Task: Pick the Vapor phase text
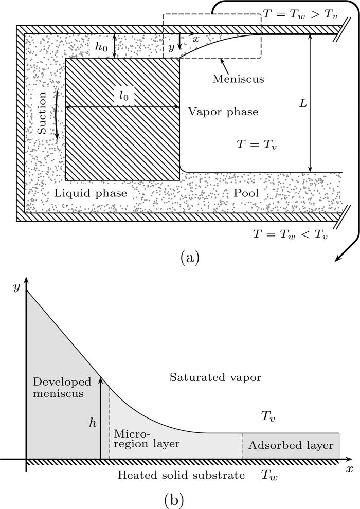[222, 112]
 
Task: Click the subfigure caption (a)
[188, 256]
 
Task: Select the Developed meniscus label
[62, 388]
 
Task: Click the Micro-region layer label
[146, 439]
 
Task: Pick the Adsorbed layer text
[291, 445]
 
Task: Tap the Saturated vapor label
[216, 377]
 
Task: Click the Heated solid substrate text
[181, 475]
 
